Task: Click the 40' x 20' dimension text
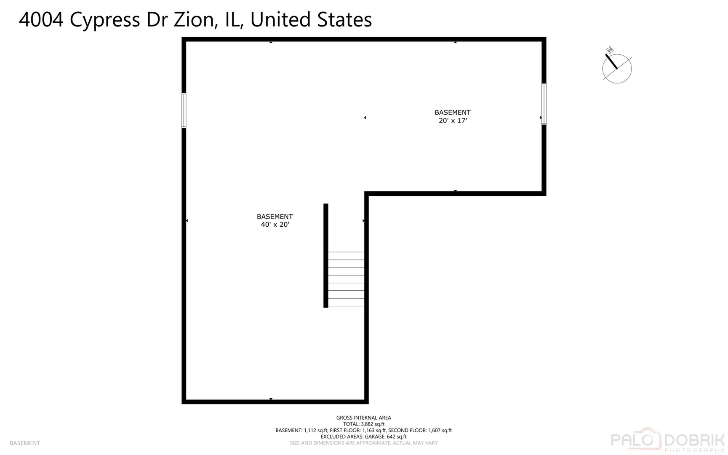tap(275, 225)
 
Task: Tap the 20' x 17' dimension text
tap(453, 120)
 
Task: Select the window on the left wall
tap(184, 110)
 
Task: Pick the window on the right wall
tap(544, 104)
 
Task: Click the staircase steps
tap(346, 279)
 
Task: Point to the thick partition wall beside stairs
tap(326, 256)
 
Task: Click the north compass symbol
tap(617, 66)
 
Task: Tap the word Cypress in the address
tap(105, 20)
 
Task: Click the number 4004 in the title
tap(41, 20)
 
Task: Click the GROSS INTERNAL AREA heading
tap(364, 418)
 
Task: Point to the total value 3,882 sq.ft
tap(373, 424)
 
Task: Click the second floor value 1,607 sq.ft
tap(440, 431)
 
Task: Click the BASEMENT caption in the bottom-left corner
tap(25, 443)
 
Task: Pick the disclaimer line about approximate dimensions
tap(364, 443)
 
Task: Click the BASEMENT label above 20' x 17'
tap(453, 112)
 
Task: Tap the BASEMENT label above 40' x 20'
tap(275, 217)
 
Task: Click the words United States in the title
tap(311, 20)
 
